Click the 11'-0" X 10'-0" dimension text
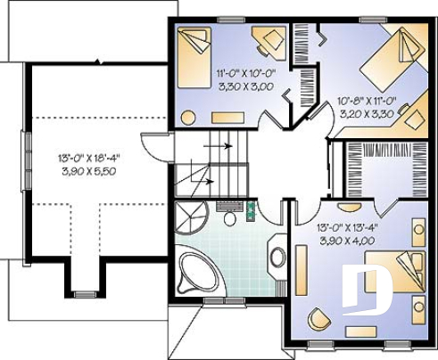point(244,75)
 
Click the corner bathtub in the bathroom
point(196,271)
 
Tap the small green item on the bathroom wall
point(251,211)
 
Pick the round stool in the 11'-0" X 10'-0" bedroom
point(189,117)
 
